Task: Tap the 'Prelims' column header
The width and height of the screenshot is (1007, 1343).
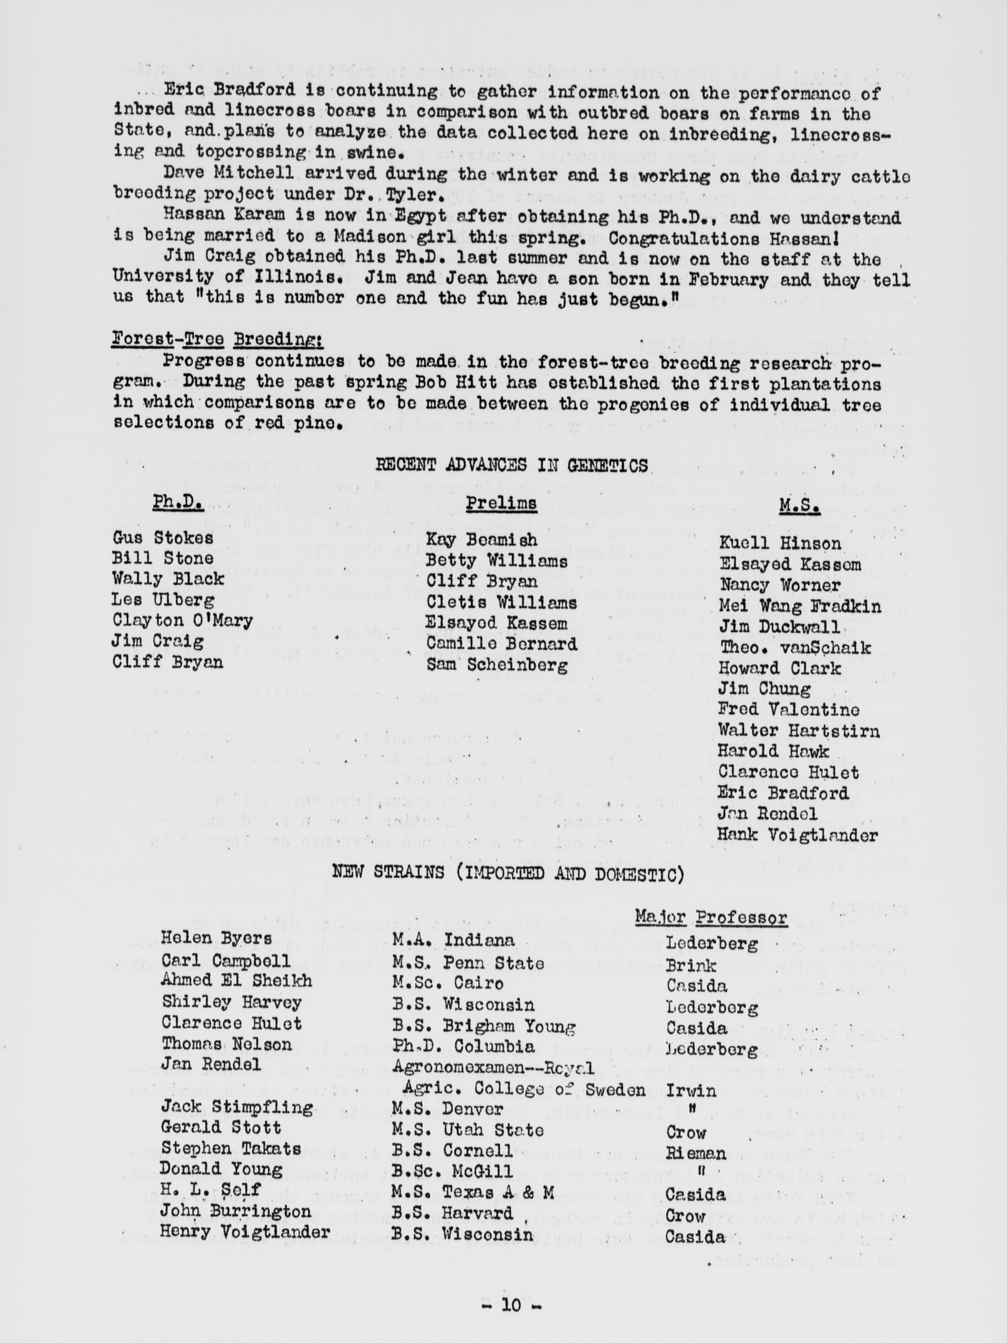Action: [x=501, y=503]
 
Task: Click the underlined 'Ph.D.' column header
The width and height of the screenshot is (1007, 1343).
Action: [x=178, y=504]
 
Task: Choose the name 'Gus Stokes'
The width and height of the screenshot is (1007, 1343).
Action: [x=163, y=537]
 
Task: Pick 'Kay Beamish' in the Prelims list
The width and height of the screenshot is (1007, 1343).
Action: [x=482, y=540]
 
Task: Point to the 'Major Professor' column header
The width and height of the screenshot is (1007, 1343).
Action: [x=711, y=917]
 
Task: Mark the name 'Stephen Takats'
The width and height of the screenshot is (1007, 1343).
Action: [x=231, y=1148]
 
